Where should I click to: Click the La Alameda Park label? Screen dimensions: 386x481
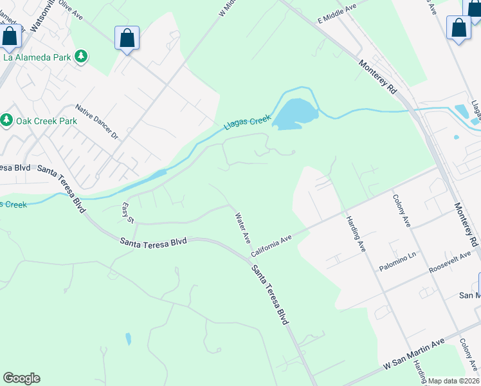pos(36,57)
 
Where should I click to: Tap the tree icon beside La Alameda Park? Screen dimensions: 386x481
pos(81,57)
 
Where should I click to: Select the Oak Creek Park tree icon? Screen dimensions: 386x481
pos(6,120)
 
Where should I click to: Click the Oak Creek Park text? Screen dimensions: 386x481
pos(46,121)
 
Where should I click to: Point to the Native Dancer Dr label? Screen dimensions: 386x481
pos(97,122)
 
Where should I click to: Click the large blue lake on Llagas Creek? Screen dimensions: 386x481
pos(296,114)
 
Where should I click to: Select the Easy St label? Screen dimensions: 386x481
pos(128,213)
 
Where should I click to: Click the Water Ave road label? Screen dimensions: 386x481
pos(242,228)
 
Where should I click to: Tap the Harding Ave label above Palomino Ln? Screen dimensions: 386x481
pos(356,228)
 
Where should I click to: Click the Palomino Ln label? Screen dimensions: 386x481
pos(398,261)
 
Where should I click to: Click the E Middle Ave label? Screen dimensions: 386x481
pos(337,14)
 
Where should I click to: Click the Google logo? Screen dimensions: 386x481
pos(21,378)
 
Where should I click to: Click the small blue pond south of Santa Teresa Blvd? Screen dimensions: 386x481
pos(129,339)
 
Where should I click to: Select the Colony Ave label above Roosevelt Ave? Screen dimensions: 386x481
pos(399,212)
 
